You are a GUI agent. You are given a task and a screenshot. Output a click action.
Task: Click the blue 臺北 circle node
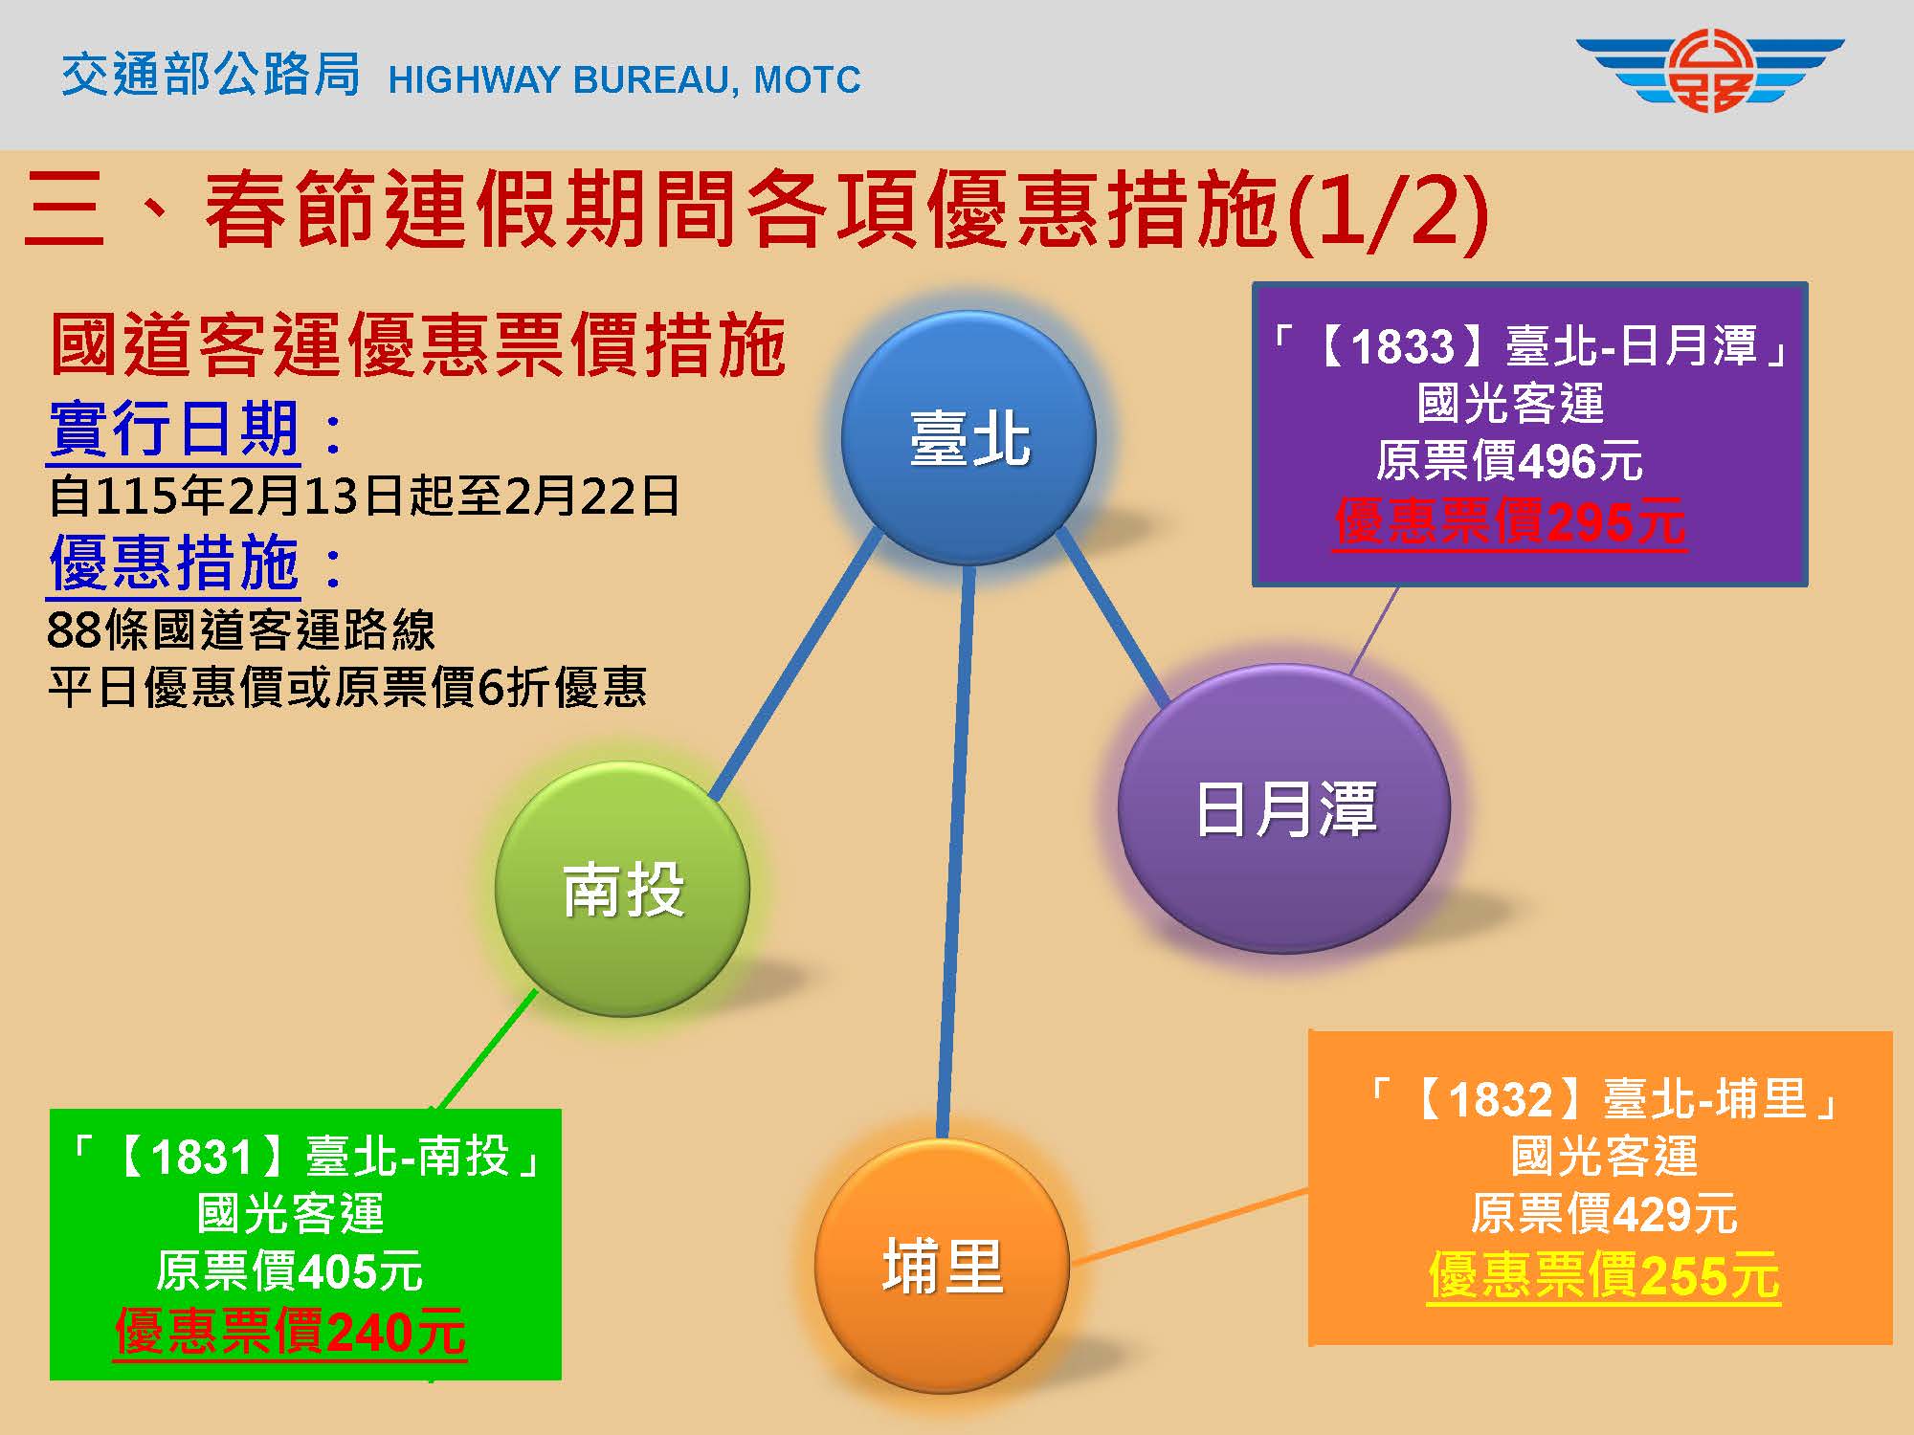pos(968,438)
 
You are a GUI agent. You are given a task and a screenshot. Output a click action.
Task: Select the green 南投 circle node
pos(622,889)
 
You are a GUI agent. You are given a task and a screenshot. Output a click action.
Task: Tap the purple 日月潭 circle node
pos(1284,808)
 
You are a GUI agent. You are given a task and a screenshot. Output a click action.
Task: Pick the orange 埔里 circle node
pos(942,1265)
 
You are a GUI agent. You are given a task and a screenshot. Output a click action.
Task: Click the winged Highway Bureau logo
pos(1709,72)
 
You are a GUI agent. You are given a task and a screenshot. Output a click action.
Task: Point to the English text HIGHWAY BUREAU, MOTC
pos(624,79)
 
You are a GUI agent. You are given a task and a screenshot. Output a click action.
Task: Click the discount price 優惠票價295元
pos(1510,522)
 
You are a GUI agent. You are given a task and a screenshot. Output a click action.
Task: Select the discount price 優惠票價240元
pos(290,1332)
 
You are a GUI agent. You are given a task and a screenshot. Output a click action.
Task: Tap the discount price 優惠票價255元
pos(1604,1275)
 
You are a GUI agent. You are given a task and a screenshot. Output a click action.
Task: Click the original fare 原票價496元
pos(1509,462)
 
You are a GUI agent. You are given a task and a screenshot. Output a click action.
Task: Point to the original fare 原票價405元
pos(289,1272)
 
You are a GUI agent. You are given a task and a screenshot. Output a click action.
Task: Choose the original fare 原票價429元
pos(1604,1215)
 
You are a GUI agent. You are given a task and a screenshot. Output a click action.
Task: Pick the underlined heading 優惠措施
pos(174,563)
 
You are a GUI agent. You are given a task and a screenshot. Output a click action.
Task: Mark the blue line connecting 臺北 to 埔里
pos(956,851)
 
